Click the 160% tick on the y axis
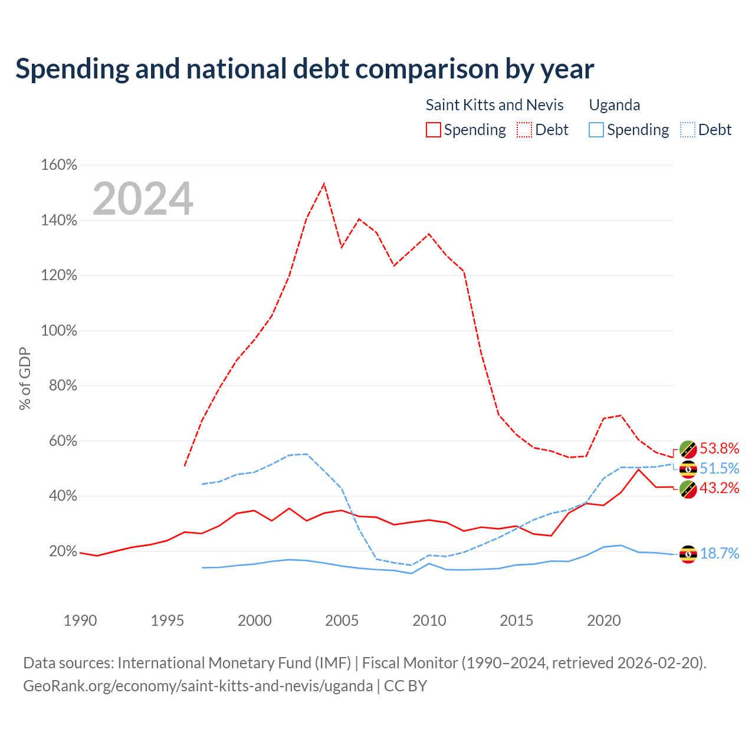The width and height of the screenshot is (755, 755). [59, 165]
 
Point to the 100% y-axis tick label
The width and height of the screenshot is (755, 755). [59, 330]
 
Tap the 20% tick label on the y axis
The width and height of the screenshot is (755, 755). [63, 551]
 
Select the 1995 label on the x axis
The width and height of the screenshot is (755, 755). [168, 621]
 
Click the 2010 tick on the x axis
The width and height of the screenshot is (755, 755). [429, 621]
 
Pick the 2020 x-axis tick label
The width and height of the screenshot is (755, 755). [604, 621]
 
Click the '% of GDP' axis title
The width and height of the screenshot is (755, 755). [25, 379]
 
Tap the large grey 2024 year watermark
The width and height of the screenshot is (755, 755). [143, 198]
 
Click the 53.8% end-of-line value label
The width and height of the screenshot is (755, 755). [720, 448]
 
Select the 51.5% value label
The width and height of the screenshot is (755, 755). [720, 468]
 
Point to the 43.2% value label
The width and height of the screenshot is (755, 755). [720, 488]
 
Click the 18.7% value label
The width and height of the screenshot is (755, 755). [720, 553]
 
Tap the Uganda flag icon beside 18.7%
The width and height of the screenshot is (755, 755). [688, 554]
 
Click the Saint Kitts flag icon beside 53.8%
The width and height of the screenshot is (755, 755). [688, 449]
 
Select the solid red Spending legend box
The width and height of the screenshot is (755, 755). [434, 130]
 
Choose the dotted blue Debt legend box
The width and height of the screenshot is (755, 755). [688, 130]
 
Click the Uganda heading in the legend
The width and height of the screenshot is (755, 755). [615, 105]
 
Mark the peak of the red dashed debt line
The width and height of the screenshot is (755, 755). [324, 183]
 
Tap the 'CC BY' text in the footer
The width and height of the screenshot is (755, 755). [405, 685]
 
